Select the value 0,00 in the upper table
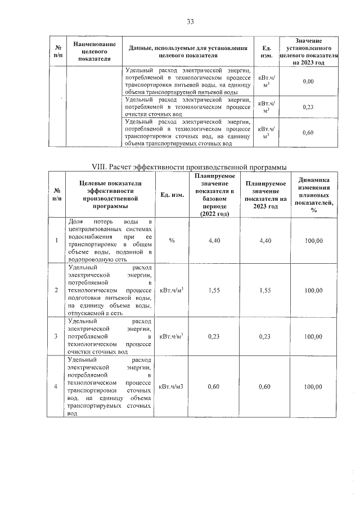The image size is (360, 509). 308,82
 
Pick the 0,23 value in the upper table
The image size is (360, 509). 308,107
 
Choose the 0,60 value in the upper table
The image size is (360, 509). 308,133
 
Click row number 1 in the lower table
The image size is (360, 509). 56,241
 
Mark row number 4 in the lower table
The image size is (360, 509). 56,386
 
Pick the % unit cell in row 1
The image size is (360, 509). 172,241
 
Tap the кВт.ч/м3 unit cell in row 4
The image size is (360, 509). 172,386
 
